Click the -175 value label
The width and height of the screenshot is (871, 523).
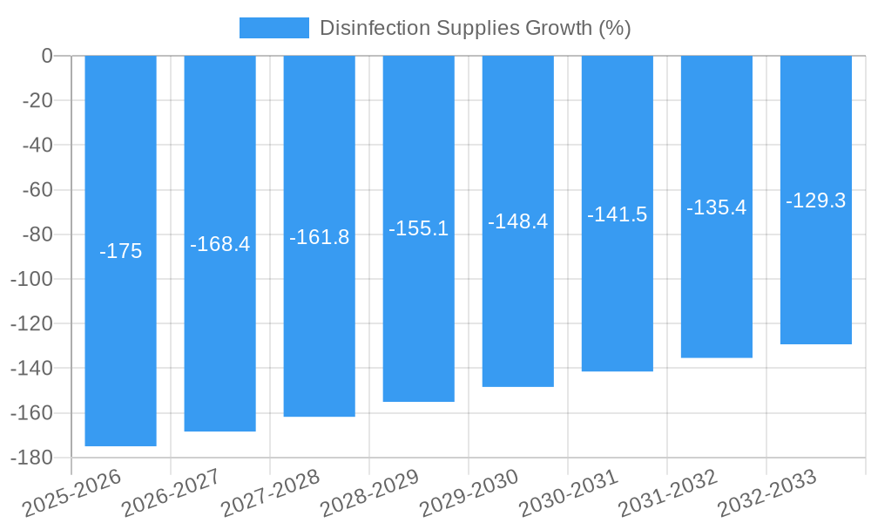click(120, 252)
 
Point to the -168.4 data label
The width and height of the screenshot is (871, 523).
click(219, 244)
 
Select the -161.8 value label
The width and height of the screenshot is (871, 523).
click(319, 237)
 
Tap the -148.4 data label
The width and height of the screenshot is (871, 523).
click(517, 221)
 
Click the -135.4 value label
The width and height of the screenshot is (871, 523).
click(716, 207)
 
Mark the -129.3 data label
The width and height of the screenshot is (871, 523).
click(815, 200)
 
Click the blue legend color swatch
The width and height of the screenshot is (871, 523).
click(273, 28)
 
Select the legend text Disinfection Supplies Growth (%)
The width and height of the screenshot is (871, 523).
click(475, 28)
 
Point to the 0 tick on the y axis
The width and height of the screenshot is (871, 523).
click(47, 56)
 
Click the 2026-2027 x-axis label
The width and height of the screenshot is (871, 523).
click(170, 492)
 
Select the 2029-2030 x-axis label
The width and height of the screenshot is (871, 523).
click(468, 492)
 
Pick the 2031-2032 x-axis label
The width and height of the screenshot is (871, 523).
click(666, 492)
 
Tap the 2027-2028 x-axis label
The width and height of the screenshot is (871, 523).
click(269, 492)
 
